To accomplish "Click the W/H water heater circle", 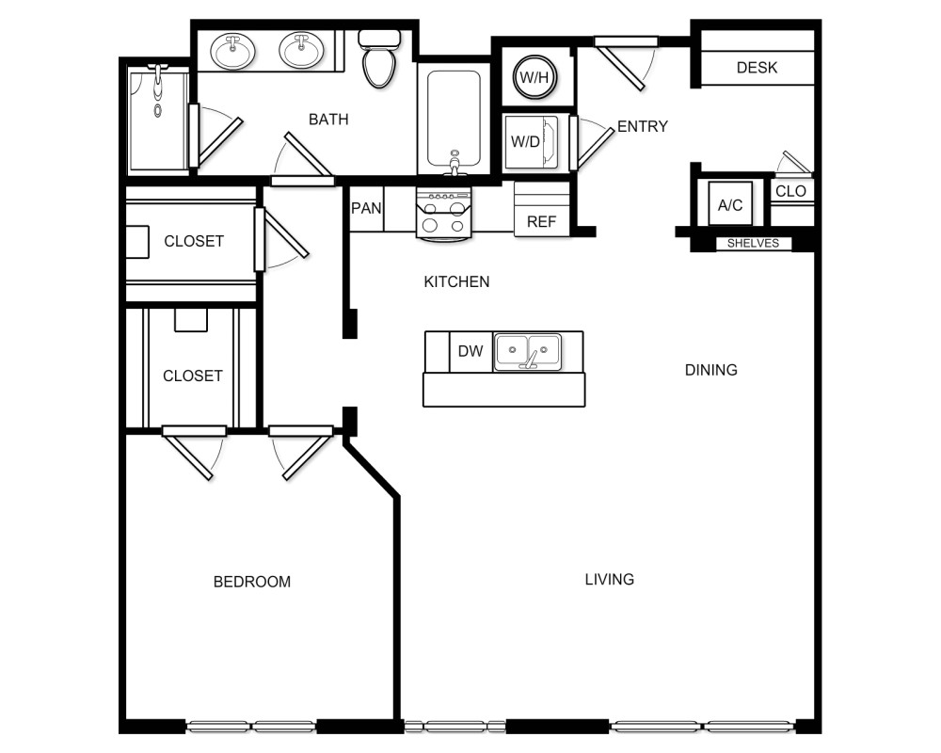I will [534, 76].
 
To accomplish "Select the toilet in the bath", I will [379, 59].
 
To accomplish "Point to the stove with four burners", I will [443, 214].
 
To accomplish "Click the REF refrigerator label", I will [541, 222].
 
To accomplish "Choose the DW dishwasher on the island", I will [470, 351].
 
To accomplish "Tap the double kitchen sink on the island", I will [527, 351].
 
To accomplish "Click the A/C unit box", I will [730, 203].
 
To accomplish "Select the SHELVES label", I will [753, 243].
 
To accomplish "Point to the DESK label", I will [757, 68].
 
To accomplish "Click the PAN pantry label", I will [366, 208].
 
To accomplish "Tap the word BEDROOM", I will [252, 582].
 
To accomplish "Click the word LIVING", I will [610, 579].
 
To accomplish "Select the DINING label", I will [710, 370].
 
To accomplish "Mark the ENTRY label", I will [642, 126].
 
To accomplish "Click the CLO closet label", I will [790, 191].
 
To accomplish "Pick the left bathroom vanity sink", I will [231, 51].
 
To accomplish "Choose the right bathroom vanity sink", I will [301, 51].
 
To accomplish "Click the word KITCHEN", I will [456, 281].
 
